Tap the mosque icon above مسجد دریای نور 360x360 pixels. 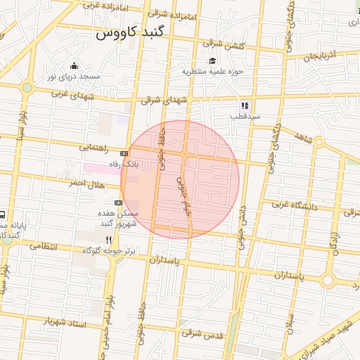point(74,66)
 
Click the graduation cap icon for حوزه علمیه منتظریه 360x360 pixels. point(212,61)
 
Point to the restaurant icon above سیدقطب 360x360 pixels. point(245,105)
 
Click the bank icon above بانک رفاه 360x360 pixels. point(124,153)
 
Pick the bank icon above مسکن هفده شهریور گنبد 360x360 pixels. point(118,202)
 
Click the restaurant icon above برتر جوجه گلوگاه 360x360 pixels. point(108,240)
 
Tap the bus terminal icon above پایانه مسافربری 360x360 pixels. point(2,214)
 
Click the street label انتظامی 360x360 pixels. point(44,247)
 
